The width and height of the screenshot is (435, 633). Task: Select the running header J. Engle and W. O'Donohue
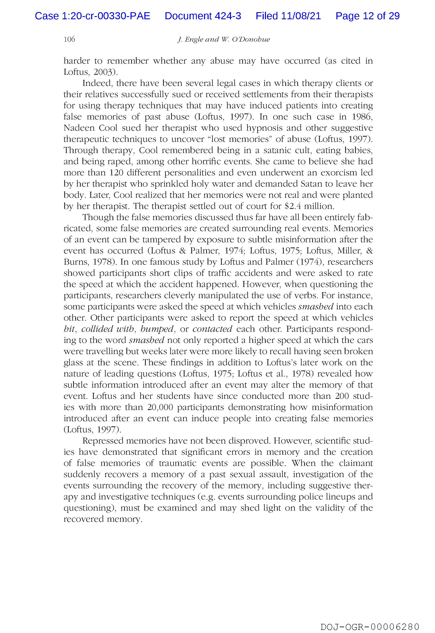coord(224,40)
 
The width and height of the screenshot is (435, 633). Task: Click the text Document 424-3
coord(203,16)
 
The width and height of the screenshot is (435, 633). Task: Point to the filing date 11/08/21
coord(301,16)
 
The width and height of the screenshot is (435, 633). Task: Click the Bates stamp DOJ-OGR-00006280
coord(370,625)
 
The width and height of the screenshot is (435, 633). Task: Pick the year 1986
coord(362,117)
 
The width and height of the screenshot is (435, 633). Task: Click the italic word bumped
coord(157,329)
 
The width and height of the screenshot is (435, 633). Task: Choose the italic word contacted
coord(212,329)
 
